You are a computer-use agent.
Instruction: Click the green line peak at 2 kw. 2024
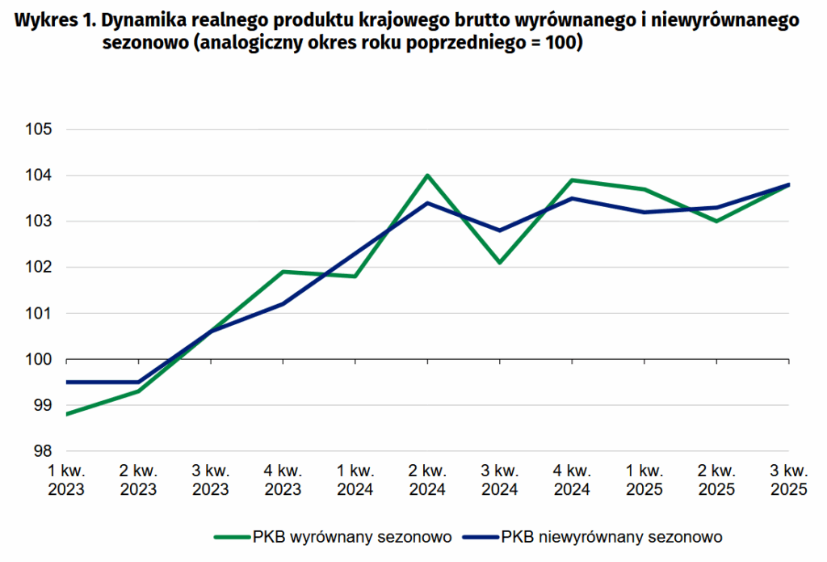(428, 175)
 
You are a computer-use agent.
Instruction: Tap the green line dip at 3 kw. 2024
(500, 263)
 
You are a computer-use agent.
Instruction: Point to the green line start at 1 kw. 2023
(67, 414)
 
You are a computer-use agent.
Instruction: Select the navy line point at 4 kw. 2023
(283, 303)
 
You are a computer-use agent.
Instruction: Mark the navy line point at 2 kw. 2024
(428, 203)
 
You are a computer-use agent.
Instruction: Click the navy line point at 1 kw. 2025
(644, 212)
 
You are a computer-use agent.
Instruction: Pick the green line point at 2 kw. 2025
(716, 221)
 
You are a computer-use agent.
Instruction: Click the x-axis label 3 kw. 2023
(211, 480)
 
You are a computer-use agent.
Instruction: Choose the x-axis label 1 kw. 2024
(355, 480)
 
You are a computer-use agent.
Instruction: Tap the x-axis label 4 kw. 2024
(572, 480)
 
